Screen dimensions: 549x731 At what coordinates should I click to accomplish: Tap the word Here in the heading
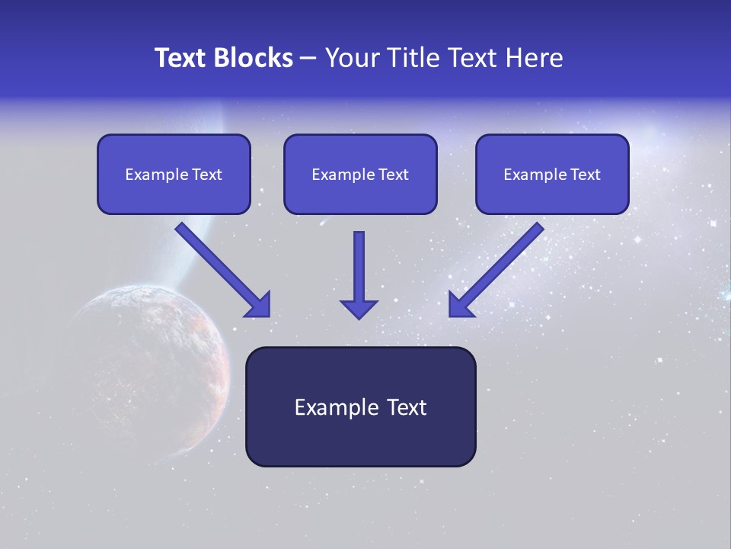click(x=536, y=58)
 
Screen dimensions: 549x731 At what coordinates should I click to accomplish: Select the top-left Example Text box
click(x=174, y=175)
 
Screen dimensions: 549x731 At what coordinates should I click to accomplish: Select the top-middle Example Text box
click(x=360, y=175)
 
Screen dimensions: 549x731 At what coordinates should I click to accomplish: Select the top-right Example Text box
click(x=552, y=175)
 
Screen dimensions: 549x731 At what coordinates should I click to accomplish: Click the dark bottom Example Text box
click(x=360, y=407)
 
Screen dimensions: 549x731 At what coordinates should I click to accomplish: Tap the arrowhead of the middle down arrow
click(x=359, y=309)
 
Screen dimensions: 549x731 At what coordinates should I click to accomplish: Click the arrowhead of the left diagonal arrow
click(x=259, y=306)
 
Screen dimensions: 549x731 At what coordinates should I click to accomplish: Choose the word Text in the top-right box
click(x=585, y=175)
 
